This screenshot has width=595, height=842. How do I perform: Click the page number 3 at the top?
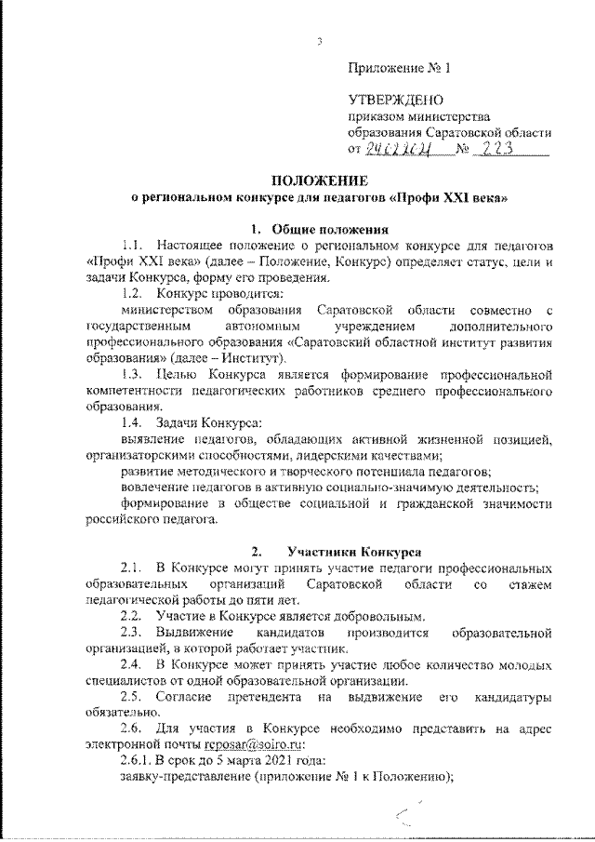(x=319, y=43)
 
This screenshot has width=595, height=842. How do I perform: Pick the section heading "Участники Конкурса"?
(x=342, y=551)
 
